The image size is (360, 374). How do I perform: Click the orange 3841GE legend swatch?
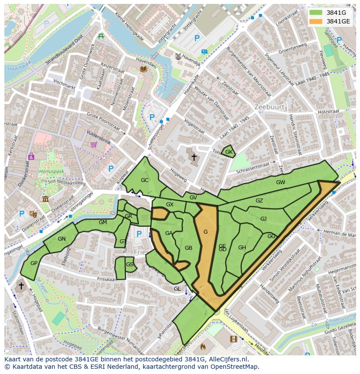point(316,21)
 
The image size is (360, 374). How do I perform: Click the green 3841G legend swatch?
point(316,13)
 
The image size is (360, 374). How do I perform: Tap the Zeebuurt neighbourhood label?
point(270,107)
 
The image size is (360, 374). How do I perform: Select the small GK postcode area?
point(228,152)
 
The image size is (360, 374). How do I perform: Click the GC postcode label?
point(145,180)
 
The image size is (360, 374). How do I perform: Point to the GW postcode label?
point(280,182)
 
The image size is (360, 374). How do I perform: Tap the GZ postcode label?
point(259,201)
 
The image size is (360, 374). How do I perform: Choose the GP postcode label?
point(34,263)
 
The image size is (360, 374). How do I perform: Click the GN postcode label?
point(62,238)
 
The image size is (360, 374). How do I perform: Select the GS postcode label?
point(130,264)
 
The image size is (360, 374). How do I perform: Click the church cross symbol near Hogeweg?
point(194,157)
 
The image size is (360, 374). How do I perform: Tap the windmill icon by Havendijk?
point(177,56)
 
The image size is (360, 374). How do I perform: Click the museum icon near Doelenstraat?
point(46,199)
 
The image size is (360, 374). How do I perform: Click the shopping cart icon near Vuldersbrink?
point(93,145)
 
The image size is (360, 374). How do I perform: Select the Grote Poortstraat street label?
point(103,122)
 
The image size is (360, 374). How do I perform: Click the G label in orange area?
point(205,232)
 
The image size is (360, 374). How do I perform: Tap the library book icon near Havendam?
point(143,69)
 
